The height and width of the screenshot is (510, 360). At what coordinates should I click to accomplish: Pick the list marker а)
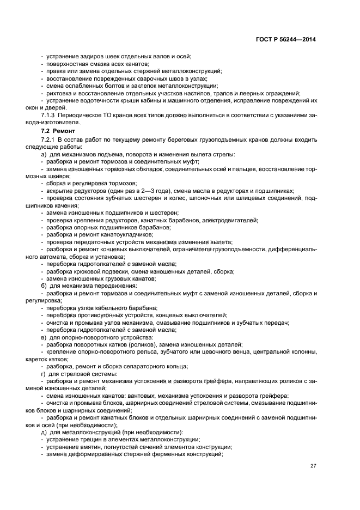pos(44,154)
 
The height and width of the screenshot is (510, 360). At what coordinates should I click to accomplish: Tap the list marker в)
pos(44,337)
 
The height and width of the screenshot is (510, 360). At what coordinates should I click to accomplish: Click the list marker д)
pos(44,432)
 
